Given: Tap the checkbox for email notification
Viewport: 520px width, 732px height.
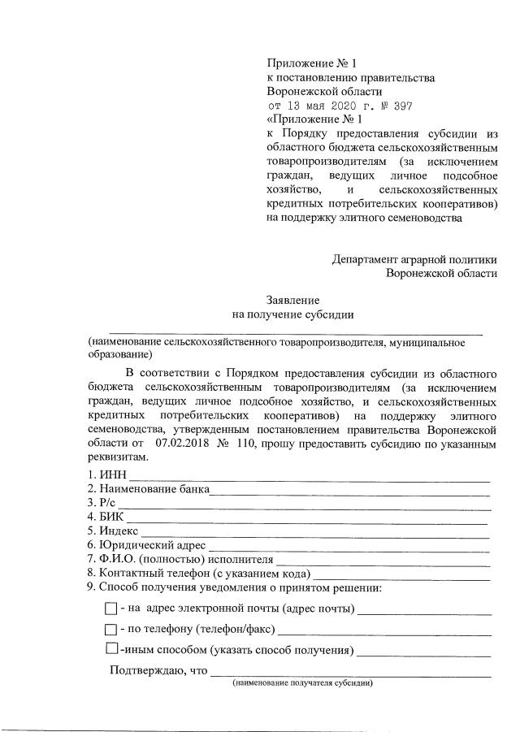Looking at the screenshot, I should tap(111, 609).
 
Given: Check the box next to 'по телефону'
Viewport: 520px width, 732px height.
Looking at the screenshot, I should tap(111, 630).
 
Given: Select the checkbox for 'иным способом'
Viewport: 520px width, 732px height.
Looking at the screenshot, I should tap(111, 649).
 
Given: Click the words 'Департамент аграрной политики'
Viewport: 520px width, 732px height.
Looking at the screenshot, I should tap(414, 259).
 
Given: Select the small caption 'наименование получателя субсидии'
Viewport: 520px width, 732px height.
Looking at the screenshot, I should tap(302, 684).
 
